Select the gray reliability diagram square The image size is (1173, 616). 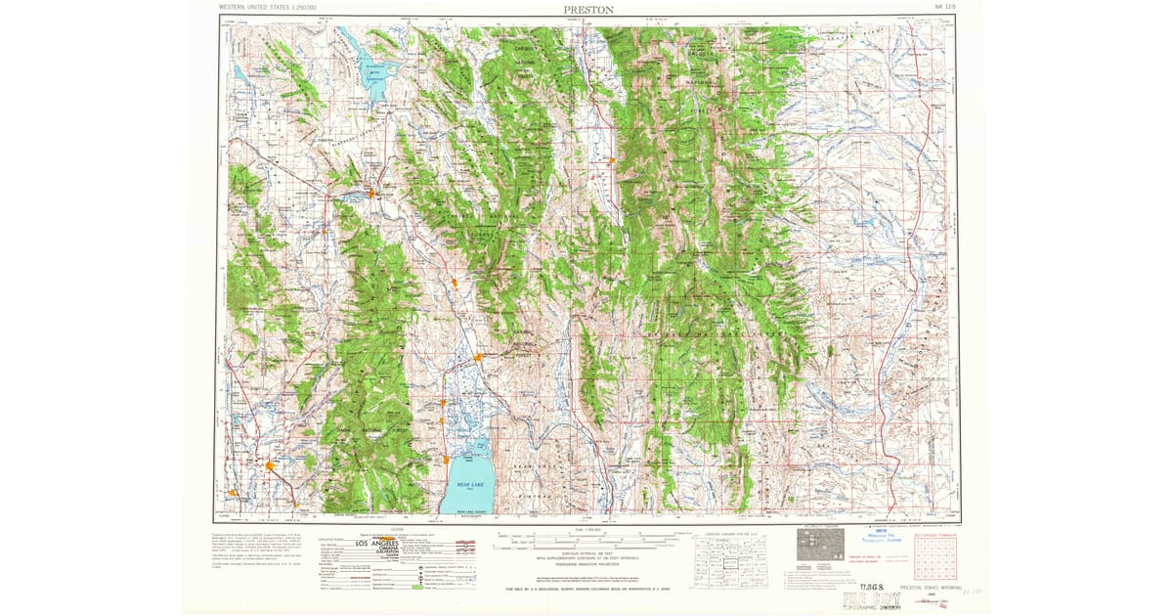point(817,545)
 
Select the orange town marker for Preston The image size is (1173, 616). point(270,465)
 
